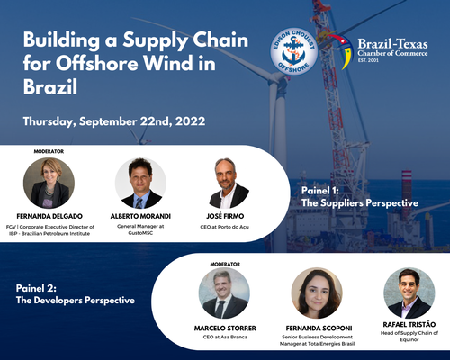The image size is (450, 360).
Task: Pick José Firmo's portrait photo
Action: pyautogui.click(x=229, y=184)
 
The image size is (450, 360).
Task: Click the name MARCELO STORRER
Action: pyautogui.click(x=225, y=328)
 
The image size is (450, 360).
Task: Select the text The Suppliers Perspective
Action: pyautogui.click(x=360, y=203)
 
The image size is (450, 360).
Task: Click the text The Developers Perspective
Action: pyautogui.click(x=77, y=299)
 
